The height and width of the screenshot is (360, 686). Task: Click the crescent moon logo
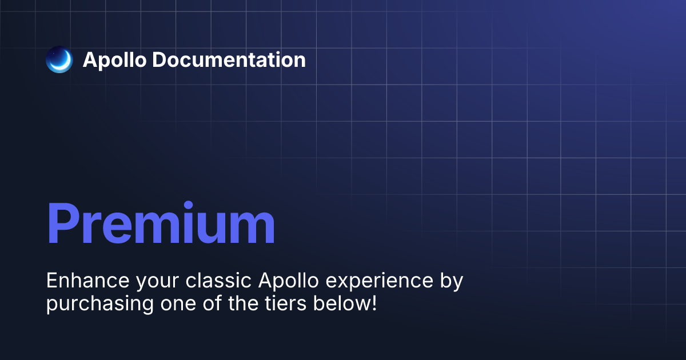click(59, 59)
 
